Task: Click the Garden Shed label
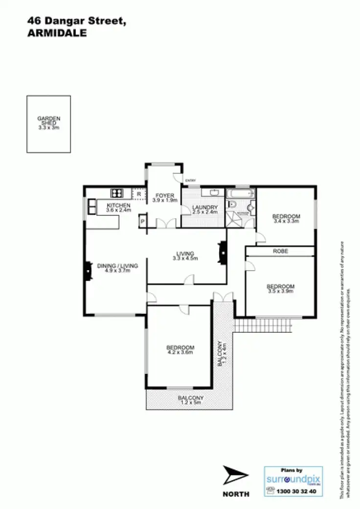pyautogui.click(x=48, y=122)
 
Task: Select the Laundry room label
pyautogui.click(x=201, y=209)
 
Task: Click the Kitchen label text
pyautogui.click(x=118, y=208)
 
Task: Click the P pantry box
pyautogui.click(x=142, y=221)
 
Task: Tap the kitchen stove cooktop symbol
pyautogui.click(x=117, y=193)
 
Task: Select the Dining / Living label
pyautogui.click(x=118, y=268)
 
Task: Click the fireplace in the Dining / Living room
pyautogui.click(x=88, y=271)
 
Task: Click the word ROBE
pyautogui.click(x=281, y=251)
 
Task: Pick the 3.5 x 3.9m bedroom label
pyautogui.click(x=280, y=288)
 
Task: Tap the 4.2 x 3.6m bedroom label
pyautogui.click(x=180, y=349)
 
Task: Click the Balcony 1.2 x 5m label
pyautogui.click(x=191, y=400)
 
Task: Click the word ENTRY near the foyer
pyautogui.click(x=190, y=182)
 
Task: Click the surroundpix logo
pyautogui.click(x=293, y=480)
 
